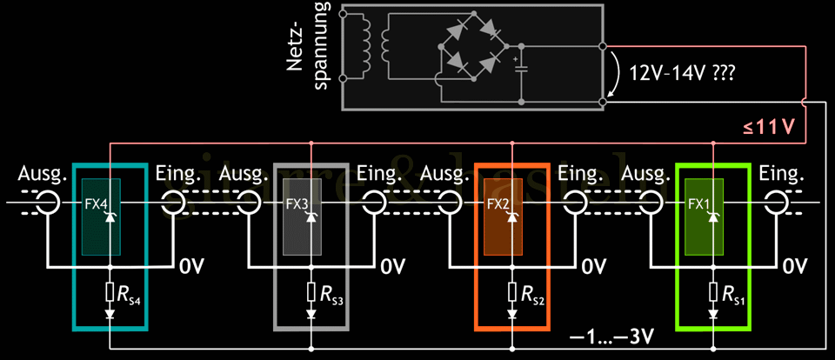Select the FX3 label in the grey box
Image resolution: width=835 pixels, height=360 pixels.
297,205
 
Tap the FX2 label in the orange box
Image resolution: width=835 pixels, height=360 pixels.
498,205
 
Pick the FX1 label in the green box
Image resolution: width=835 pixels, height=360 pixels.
699,205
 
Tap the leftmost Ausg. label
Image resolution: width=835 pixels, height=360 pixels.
42,176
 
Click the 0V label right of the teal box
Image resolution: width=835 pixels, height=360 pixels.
193,265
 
